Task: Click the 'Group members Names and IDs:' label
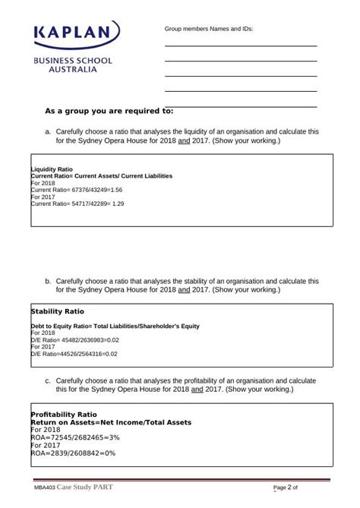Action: [x=209, y=29]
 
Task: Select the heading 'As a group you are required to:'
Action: [x=109, y=111]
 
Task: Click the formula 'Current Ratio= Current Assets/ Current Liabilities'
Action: [x=101, y=175]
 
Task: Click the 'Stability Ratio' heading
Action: [x=57, y=311]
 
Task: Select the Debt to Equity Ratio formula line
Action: [x=115, y=326]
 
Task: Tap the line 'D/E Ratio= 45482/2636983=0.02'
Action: [x=74, y=339]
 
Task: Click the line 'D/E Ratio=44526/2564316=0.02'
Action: [x=74, y=354]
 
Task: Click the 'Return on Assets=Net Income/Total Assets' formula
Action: [x=110, y=422]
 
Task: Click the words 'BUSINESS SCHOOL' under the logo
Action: [x=72, y=60]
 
